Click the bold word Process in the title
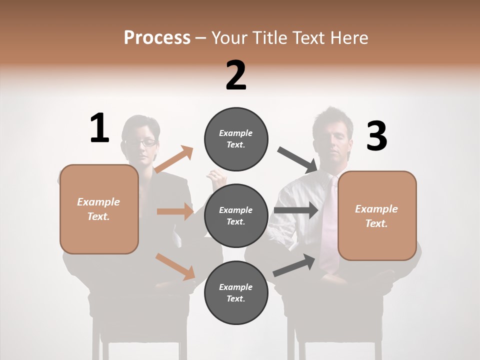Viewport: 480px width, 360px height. coord(157,37)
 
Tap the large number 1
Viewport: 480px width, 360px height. coord(99,128)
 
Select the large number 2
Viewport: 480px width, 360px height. coord(236,75)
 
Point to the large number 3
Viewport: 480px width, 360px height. coord(376,136)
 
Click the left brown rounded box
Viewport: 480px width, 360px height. coord(99,209)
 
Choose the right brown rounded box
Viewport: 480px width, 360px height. coord(377,215)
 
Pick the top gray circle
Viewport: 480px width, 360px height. coord(236,139)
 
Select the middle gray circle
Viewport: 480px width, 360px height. coord(236,215)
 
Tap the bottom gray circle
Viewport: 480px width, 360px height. coord(236,292)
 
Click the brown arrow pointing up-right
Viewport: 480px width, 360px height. coord(173,159)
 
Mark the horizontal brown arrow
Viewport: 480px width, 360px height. coord(175,211)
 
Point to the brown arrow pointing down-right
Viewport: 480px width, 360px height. coord(175,266)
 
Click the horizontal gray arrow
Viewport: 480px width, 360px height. coord(296,210)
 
